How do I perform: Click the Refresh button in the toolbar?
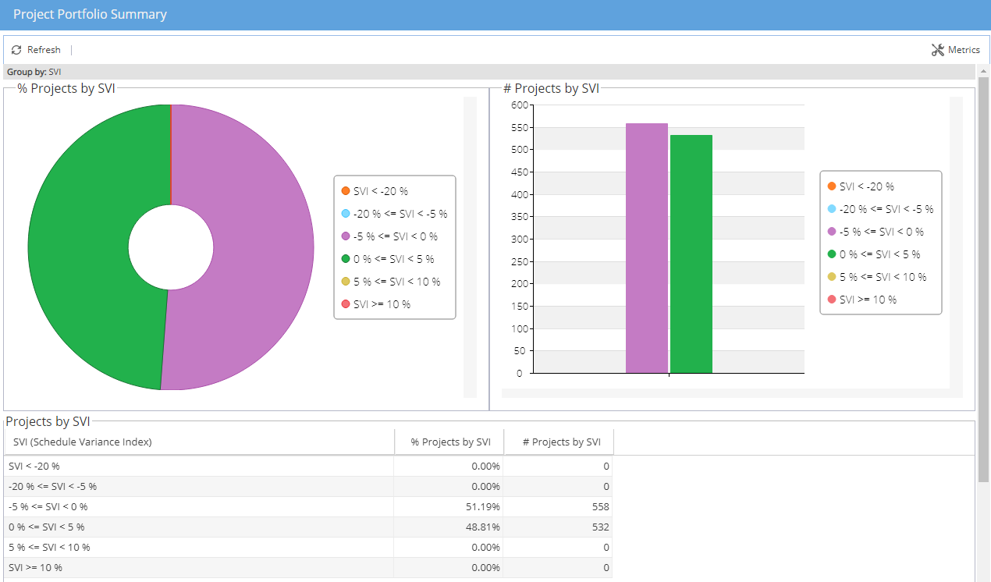pos(36,50)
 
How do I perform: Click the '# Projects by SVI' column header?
pos(561,442)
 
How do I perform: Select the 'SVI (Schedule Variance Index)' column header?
pos(83,442)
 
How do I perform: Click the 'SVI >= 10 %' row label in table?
pos(36,568)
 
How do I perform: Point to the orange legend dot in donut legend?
pos(346,191)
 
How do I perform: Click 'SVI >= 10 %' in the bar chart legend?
pos(867,300)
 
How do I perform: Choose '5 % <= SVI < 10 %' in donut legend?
pos(396,282)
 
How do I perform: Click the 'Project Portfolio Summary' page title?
pos(90,15)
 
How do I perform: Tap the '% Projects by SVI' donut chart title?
pos(66,89)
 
